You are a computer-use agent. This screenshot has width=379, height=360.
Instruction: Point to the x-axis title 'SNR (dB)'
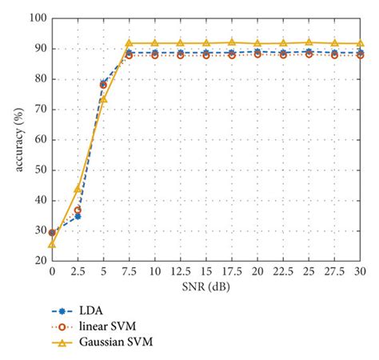(205, 286)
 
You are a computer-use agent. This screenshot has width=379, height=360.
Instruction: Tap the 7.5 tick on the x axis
(129, 271)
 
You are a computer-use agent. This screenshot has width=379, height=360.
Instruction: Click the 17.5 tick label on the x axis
(231, 271)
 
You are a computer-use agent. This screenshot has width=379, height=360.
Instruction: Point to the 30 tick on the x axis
(359, 271)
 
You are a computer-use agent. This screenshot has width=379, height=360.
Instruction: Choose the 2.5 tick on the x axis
(78, 271)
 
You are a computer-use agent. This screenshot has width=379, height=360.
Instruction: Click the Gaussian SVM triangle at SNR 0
(52, 243)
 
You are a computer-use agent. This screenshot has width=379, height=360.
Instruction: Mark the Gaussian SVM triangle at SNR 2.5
(78, 189)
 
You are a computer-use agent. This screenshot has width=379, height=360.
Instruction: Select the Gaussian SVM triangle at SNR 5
(103, 99)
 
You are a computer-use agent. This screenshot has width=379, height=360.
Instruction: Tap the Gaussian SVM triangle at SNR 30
(359, 43)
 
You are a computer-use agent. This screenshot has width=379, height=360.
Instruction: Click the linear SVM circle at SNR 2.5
(78, 210)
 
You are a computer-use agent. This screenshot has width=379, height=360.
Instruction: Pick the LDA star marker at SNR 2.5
(78, 216)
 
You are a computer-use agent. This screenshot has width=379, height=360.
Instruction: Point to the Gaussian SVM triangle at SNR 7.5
(129, 43)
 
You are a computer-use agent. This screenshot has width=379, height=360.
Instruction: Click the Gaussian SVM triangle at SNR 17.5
(231, 42)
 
